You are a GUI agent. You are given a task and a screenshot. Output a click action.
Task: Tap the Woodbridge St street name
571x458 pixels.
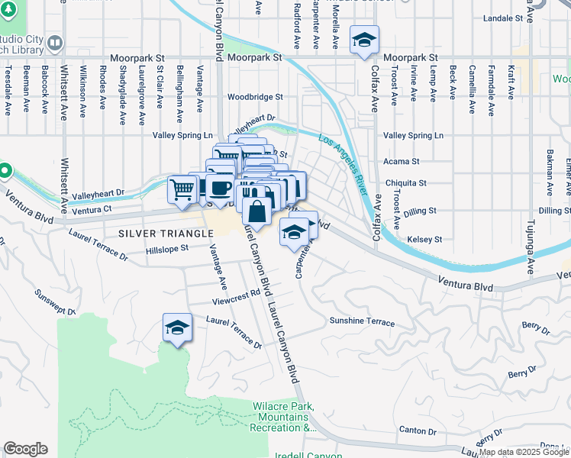coord(255,98)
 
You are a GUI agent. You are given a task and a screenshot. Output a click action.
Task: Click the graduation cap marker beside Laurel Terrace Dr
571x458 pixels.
coord(177,328)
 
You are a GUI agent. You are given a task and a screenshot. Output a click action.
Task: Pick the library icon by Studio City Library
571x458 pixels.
coord(54,43)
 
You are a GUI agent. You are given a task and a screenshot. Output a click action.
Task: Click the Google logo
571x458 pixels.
coord(25,449)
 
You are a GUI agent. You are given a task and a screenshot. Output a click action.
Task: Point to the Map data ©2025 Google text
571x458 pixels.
coord(524,452)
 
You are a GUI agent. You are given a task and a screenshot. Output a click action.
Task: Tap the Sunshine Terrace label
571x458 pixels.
coord(362,322)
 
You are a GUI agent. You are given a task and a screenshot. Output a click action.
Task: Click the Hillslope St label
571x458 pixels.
coord(168,249)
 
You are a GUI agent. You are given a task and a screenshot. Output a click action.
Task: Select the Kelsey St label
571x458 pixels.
coord(425,240)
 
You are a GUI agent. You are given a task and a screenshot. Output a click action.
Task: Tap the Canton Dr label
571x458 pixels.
coord(416,430)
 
